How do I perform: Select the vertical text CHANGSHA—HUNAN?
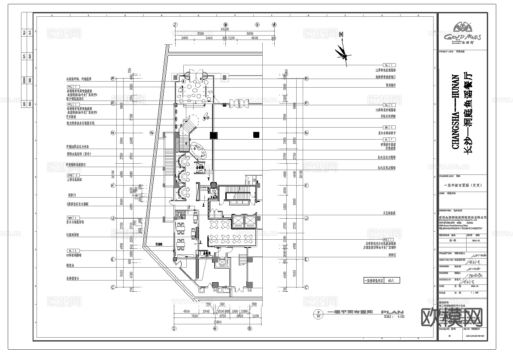(456, 112)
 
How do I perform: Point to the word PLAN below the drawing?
(392, 312)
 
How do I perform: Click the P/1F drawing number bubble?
(318, 315)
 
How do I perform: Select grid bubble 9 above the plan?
(258, 24)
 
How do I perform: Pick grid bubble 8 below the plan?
(249, 329)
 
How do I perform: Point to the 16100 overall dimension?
(225, 29)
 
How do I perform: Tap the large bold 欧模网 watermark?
(455, 318)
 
